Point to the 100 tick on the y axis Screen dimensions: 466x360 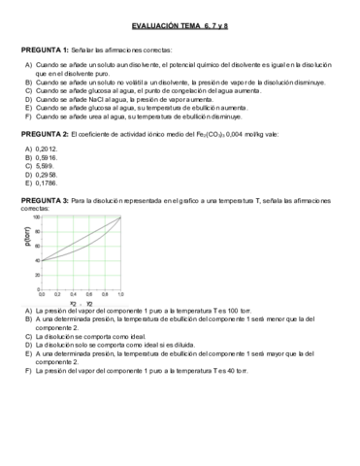(36, 217)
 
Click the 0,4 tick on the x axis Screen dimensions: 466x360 (73, 292)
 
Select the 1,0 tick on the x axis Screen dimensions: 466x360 (119, 292)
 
